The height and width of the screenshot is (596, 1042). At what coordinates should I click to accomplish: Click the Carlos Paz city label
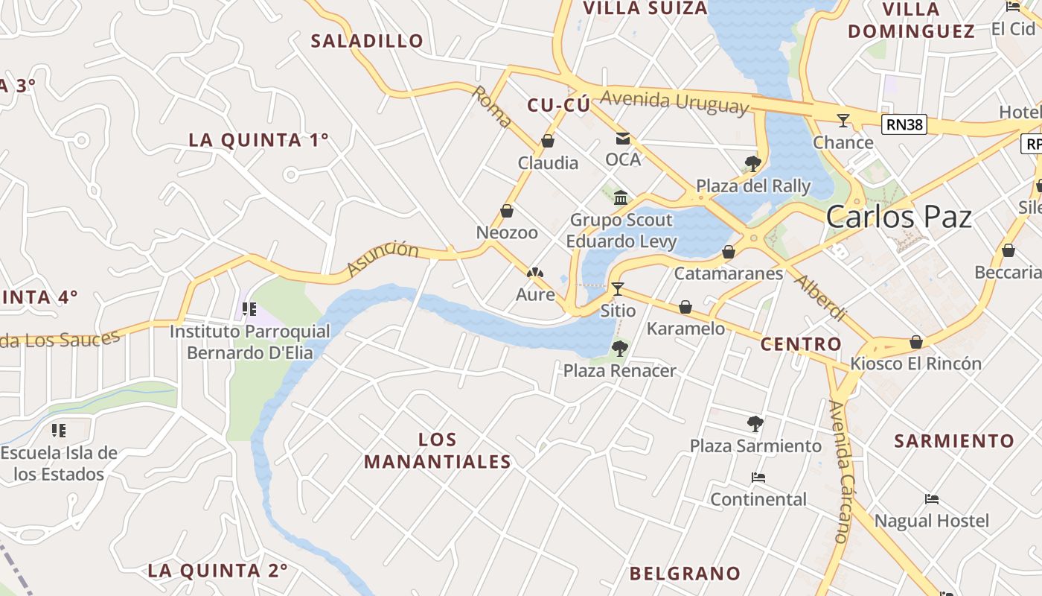point(899,217)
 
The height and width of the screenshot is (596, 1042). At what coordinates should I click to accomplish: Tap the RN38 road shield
point(904,124)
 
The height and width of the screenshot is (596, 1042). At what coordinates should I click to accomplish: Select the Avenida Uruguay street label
point(674,102)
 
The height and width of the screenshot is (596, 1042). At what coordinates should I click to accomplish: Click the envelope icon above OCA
point(622,139)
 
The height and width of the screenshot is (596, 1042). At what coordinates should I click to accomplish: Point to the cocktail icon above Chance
point(843,120)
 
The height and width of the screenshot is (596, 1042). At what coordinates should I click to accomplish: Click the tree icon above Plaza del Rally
point(752,164)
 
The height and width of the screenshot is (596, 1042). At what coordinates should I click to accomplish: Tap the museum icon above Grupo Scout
point(621,197)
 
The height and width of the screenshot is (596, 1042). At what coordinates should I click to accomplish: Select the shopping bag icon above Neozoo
point(507,211)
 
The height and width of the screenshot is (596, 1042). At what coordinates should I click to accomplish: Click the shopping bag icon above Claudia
point(548,141)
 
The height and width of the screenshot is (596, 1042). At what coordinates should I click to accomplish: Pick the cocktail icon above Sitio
point(617,288)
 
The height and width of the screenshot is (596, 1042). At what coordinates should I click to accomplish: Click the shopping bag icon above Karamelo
point(685,307)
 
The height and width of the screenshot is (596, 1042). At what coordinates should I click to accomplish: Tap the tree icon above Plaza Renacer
point(619,348)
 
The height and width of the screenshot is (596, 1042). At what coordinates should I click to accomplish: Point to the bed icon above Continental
point(758,477)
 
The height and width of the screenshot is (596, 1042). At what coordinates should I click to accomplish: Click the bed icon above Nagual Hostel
point(931,498)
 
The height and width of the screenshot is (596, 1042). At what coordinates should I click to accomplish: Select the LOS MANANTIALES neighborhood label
point(438,451)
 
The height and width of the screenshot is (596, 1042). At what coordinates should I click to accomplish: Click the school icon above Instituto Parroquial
point(249,308)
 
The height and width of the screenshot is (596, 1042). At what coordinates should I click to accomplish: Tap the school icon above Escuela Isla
point(59,430)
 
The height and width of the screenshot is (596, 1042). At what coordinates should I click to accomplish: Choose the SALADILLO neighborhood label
point(367,41)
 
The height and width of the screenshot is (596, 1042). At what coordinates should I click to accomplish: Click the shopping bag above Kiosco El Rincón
point(916,342)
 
